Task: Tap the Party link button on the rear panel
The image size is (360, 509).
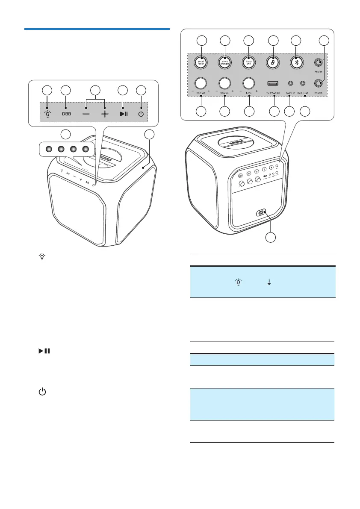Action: [x=248, y=62]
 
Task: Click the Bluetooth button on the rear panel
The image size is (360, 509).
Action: [x=297, y=62]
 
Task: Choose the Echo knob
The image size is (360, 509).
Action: [x=248, y=83]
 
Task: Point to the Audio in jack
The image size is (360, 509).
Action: [x=290, y=84]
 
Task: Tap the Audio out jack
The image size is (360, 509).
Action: [x=304, y=84]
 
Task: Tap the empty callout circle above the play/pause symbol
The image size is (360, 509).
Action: [x=123, y=90]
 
